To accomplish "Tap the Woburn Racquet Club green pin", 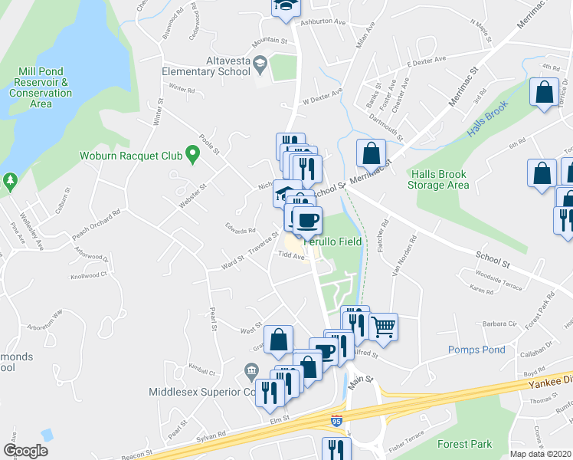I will click(x=192, y=156).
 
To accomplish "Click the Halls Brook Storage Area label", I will click(x=438, y=179).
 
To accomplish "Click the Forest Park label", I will click(x=464, y=444).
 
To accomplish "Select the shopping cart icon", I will click(x=383, y=326).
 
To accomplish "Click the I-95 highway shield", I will click(x=336, y=420).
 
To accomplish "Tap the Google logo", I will click(x=25, y=451).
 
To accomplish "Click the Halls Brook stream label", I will click(x=487, y=120).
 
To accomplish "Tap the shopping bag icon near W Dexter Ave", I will click(x=371, y=153).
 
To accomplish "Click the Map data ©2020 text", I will click(x=540, y=454).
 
